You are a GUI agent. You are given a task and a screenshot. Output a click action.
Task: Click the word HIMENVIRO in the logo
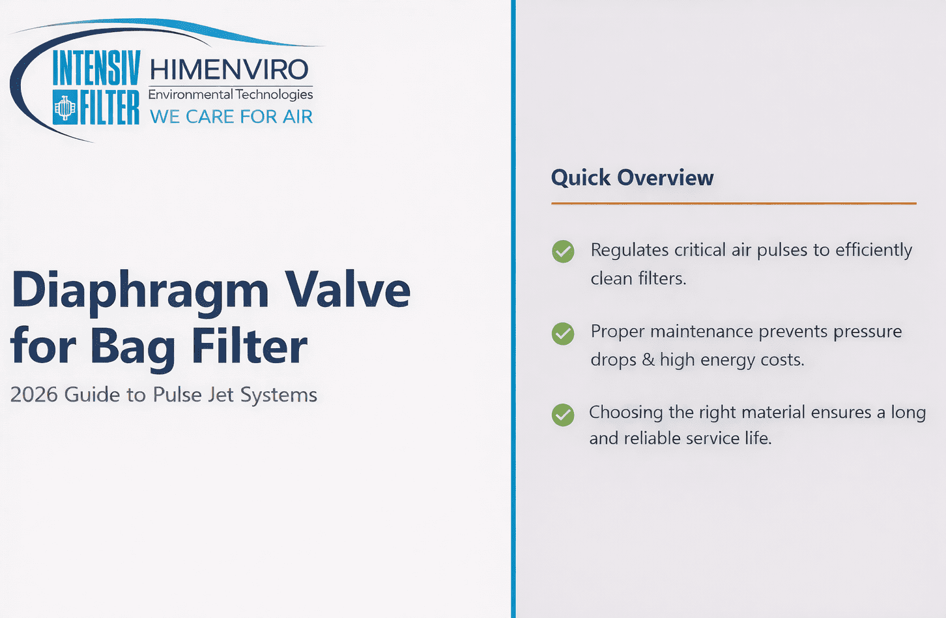pos(229,69)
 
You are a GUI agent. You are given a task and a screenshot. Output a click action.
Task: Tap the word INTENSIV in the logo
pos(96,68)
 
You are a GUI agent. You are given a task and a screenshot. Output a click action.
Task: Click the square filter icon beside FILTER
pos(65,107)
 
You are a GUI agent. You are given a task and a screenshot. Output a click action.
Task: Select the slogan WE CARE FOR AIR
pos(231,117)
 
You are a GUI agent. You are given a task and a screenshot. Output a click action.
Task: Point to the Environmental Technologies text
pos(231,95)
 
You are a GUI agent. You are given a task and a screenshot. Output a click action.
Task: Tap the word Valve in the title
pos(347,290)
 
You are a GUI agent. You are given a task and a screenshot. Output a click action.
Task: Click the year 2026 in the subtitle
pos(34,395)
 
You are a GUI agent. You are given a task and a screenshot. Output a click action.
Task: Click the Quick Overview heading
pos(632,178)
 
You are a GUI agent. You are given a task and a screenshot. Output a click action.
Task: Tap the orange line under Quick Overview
pos(734,203)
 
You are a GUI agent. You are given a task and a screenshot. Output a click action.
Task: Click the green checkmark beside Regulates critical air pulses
pos(563,252)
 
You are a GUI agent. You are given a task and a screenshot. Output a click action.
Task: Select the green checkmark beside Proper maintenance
pos(563,334)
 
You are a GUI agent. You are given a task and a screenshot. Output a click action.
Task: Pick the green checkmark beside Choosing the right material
pos(563,415)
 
